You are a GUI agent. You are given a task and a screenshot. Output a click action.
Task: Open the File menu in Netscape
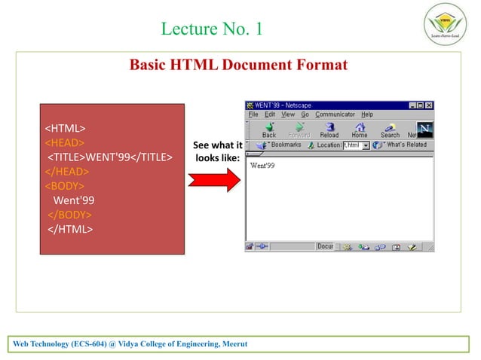pyautogui.click(x=253, y=114)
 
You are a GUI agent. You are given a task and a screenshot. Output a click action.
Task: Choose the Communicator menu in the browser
pyautogui.click(x=335, y=114)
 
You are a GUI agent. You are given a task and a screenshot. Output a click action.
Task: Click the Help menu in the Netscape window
pyautogui.click(x=367, y=114)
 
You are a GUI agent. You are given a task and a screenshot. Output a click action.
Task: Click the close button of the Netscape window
pyautogui.click(x=429, y=105)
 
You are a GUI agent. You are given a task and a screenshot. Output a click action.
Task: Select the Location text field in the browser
pyautogui.click(x=351, y=145)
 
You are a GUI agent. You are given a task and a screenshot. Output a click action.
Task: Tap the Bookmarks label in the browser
pyautogui.click(x=286, y=145)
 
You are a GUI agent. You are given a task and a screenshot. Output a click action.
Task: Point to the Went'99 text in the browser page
pyautogui.click(x=262, y=165)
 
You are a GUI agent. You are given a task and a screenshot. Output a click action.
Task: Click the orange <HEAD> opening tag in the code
pyautogui.click(x=65, y=142)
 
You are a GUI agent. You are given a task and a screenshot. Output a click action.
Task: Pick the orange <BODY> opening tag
pyautogui.click(x=65, y=185)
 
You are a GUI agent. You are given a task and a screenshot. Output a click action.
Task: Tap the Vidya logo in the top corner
pyautogui.click(x=446, y=25)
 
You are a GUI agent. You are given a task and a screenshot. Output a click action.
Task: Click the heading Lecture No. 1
pyautogui.click(x=212, y=29)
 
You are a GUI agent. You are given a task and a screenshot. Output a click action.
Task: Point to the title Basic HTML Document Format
pyautogui.click(x=238, y=65)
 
